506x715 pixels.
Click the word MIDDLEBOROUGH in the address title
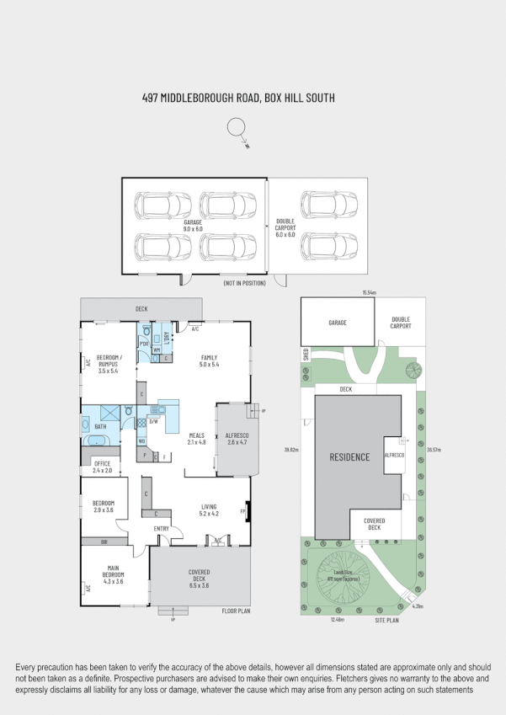pos(199,99)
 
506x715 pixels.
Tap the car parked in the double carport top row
pos(329,205)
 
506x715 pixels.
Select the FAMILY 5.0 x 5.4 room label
pos(209,361)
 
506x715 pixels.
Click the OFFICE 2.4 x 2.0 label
pos(103,467)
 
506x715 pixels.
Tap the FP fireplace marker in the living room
pos(243,511)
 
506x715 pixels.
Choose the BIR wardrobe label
pos(104,542)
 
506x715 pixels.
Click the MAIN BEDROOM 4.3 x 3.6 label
pos(113,575)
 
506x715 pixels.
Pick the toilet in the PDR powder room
pos(146,330)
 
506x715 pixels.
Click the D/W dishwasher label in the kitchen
pos(153,421)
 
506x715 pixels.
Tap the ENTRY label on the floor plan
pos(162,528)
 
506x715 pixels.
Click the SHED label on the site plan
pos(306,355)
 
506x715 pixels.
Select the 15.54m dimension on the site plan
pos(369,292)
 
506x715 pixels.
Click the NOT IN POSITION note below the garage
pos(244,283)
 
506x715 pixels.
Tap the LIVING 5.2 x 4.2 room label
pos(209,510)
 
